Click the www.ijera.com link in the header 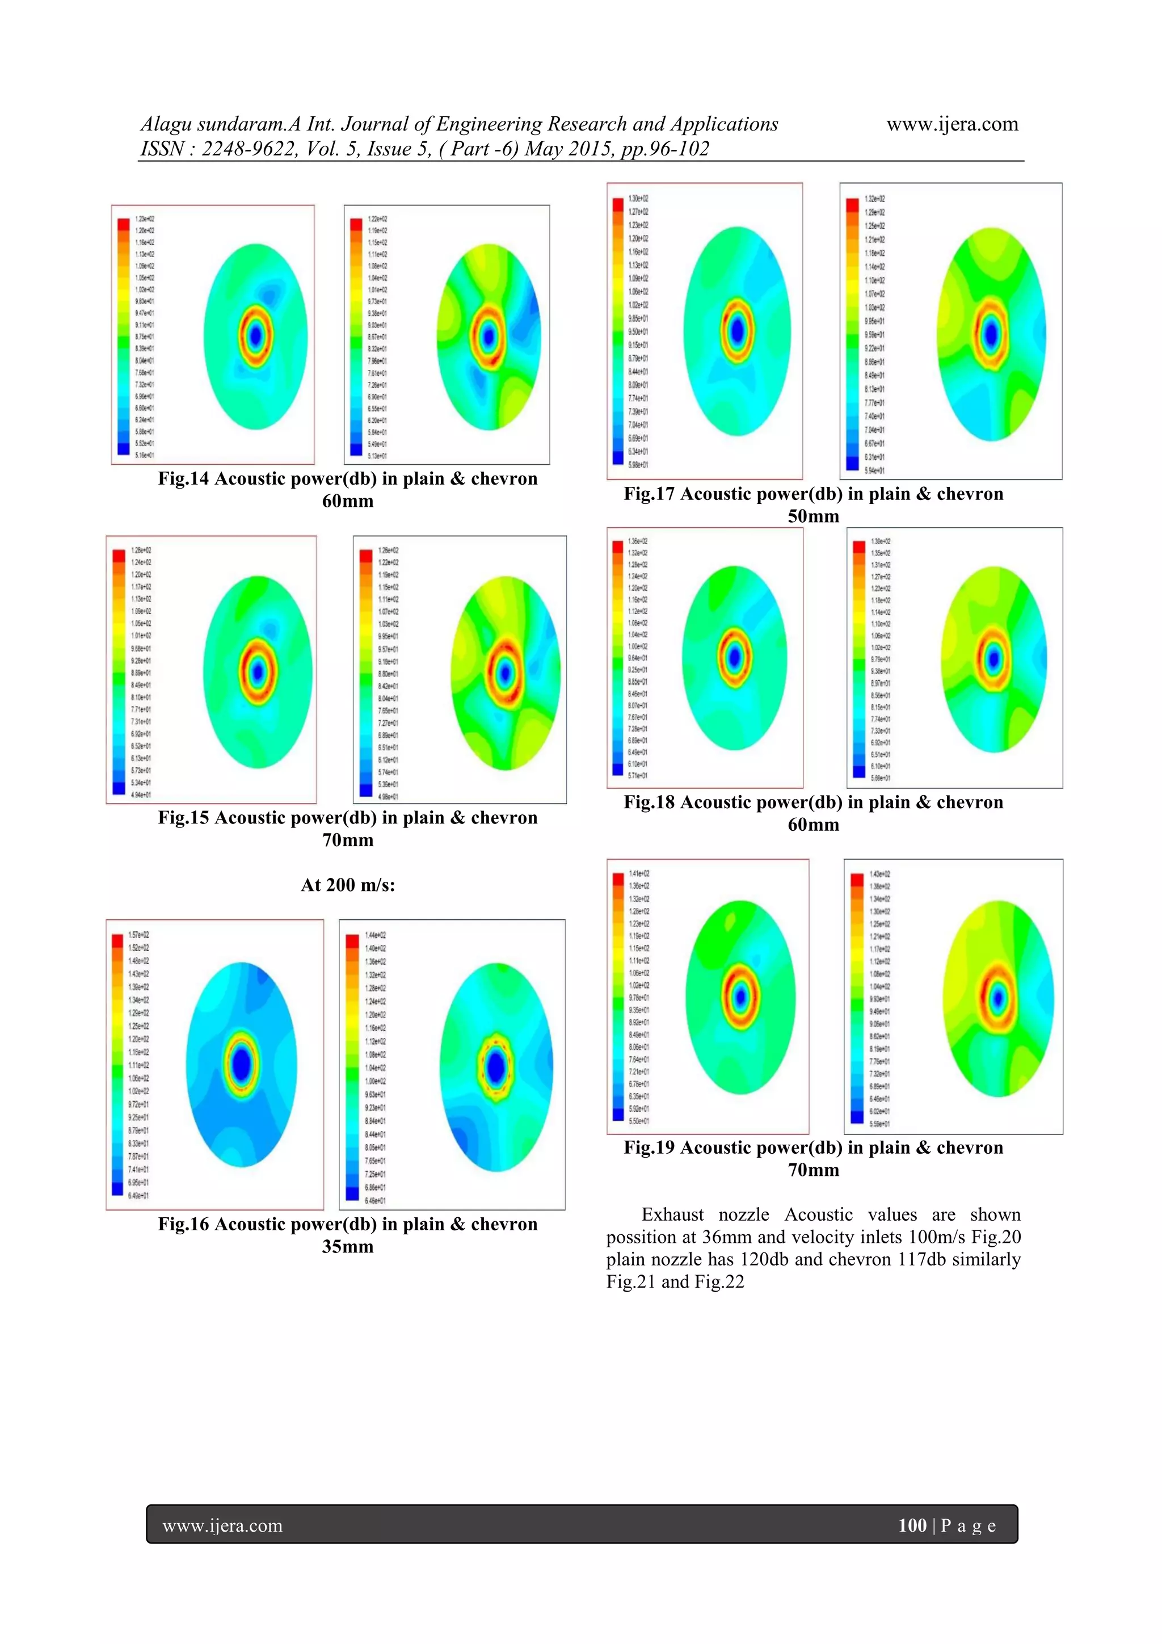click(952, 125)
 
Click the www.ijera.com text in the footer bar click(222, 1526)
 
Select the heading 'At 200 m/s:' click(347, 885)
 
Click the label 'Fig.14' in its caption click(183, 479)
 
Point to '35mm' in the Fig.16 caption click(347, 1247)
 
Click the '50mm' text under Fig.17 click(812, 516)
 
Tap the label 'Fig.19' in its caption click(649, 1148)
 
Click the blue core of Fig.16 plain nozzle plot click(242, 1063)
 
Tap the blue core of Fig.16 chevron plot click(495, 1067)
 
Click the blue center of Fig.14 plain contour click(255, 336)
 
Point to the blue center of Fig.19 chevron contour click(998, 997)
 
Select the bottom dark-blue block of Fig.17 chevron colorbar click(852, 464)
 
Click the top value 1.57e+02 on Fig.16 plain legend click(139, 935)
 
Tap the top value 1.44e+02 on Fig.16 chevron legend click(375, 935)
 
